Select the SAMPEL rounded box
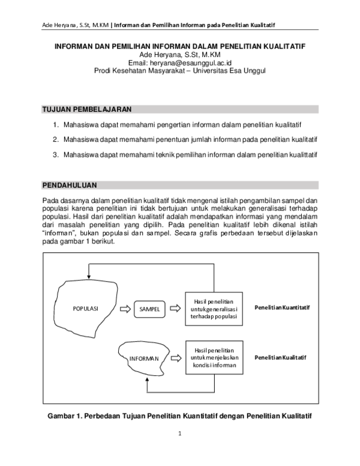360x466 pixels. [x=149, y=309]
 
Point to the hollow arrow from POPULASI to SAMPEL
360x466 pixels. [x=124, y=309]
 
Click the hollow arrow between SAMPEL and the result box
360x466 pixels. [x=176, y=309]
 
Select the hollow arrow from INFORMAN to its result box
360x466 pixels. [x=176, y=358]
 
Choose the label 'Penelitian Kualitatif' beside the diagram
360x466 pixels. [x=280, y=357]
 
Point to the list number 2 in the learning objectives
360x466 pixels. [x=55, y=139]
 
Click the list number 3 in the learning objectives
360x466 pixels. [x=55, y=155]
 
